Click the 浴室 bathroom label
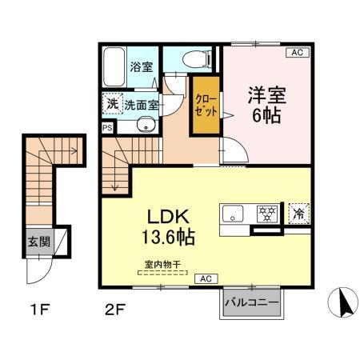[142, 68]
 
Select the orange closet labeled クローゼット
[204, 105]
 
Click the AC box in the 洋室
[297, 53]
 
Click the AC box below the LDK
[206, 278]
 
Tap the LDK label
[166, 216]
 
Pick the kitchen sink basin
[234, 214]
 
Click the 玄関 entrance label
[35, 241]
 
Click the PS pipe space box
[107, 126]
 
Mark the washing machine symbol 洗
[111, 103]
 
